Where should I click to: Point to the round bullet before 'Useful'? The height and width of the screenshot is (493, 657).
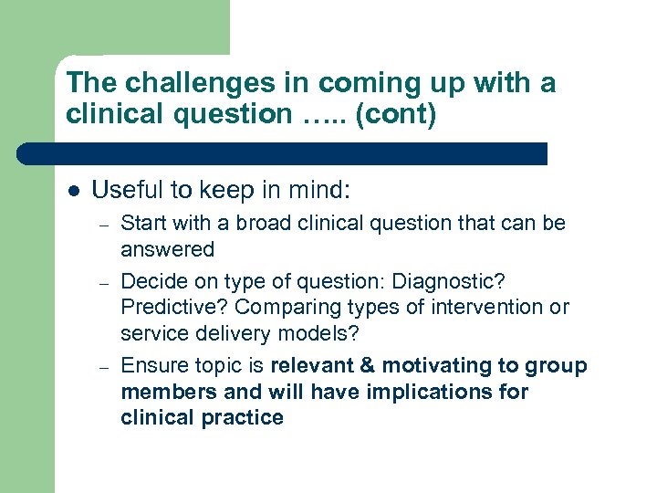coord(74,192)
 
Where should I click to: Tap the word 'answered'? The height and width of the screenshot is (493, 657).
coord(167,249)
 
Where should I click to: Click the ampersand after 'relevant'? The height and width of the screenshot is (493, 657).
coord(370,366)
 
